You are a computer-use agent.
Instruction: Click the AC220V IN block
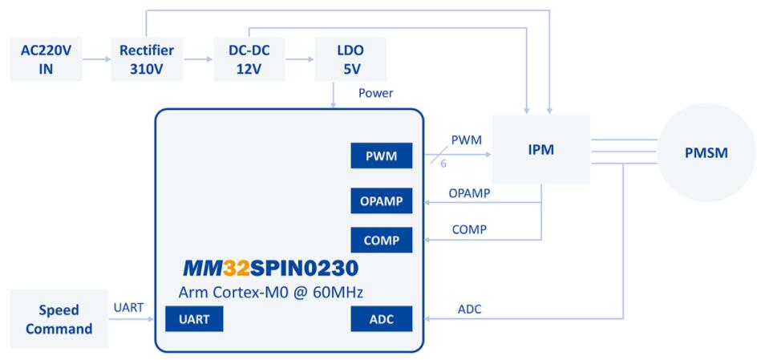coord(47,58)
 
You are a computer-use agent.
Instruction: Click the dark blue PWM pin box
coord(381,157)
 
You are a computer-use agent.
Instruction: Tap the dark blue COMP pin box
coord(381,238)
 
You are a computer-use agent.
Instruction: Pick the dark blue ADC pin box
coord(381,320)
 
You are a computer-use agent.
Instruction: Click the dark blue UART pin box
coord(194,320)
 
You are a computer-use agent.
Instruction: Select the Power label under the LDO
coord(375,93)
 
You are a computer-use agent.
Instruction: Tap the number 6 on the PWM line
coord(443,163)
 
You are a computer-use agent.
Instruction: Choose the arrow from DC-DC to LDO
coord(299,58)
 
